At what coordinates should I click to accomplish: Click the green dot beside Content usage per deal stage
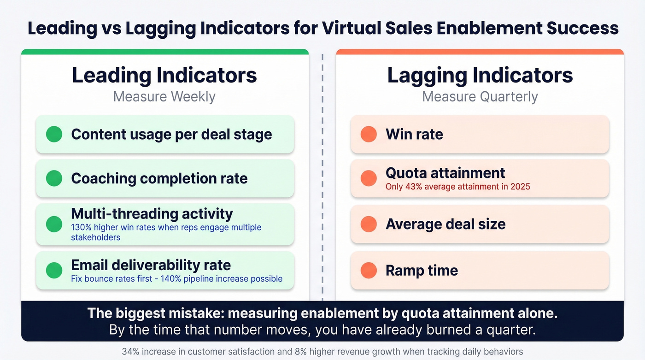coord(54,134)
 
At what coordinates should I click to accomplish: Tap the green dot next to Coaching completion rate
coord(54,178)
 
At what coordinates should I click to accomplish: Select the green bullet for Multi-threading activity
coord(54,224)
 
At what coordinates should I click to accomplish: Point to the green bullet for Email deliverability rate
coord(54,270)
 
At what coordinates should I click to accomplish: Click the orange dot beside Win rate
coord(369,134)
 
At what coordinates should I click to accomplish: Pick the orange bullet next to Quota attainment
coord(369,178)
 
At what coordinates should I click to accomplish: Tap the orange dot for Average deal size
coord(369,224)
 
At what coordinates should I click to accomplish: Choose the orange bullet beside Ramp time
coord(369,270)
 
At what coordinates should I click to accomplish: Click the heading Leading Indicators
coord(164,75)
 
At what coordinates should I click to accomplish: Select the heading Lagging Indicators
coord(480,75)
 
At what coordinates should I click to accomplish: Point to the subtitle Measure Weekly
coord(164,97)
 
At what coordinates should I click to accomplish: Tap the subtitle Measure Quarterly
coord(480,97)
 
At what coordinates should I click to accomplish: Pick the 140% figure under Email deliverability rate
coord(170,278)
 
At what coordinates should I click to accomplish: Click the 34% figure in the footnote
coord(129,351)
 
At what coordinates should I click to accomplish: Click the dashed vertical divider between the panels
coord(322,175)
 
